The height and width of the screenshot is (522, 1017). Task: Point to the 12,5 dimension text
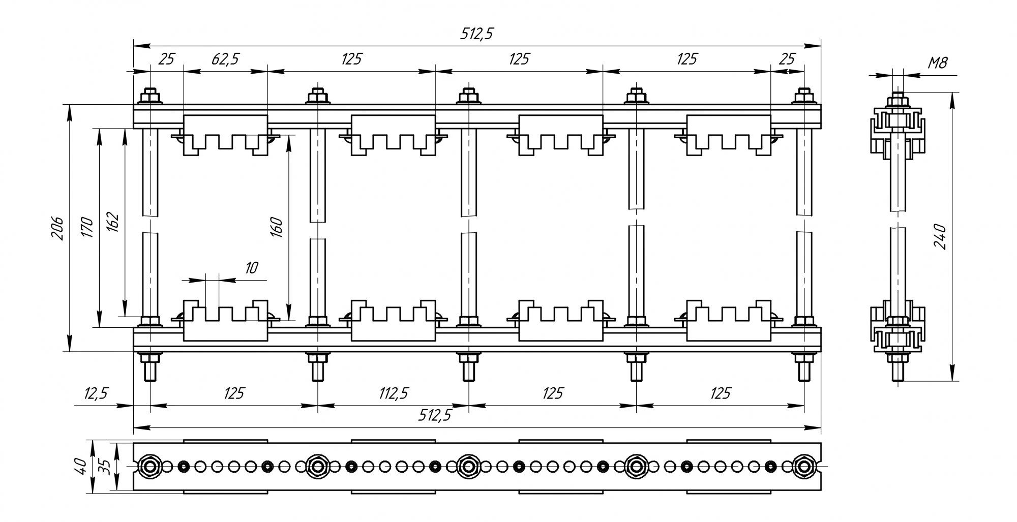pyautogui.click(x=97, y=393)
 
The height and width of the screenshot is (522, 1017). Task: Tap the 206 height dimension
pyautogui.click(x=58, y=228)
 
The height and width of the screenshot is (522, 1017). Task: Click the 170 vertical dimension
pyautogui.click(x=88, y=228)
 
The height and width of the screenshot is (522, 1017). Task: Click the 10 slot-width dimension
pyautogui.click(x=251, y=268)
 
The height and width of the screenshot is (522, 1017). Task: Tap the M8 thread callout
pyautogui.click(x=937, y=63)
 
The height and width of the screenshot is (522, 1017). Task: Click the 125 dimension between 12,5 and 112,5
pyautogui.click(x=234, y=393)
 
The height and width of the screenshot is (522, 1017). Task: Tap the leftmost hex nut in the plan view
pyautogui.click(x=149, y=466)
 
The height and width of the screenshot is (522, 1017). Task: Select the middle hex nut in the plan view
pyautogui.click(x=467, y=466)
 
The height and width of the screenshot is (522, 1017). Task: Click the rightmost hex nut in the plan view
pyautogui.click(x=804, y=466)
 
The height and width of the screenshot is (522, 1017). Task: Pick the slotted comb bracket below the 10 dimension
pyautogui.click(x=225, y=320)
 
